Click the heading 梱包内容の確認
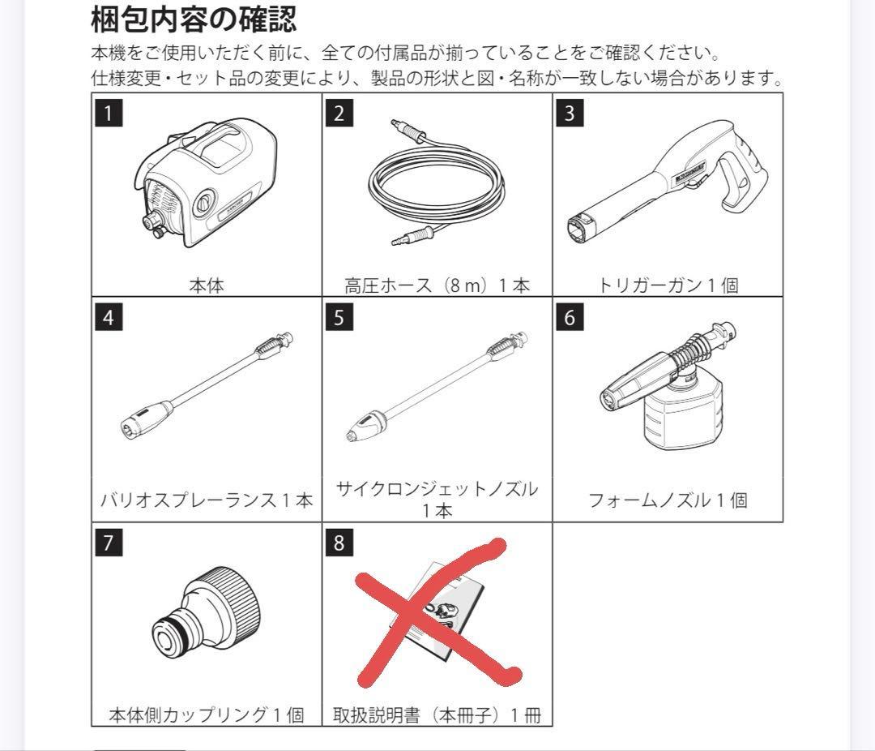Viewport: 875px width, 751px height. pyautogui.click(x=194, y=18)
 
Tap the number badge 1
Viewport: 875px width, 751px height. pyautogui.click(x=109, y=112)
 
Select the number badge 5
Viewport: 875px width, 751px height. pyautogui.click(x=339, y=317)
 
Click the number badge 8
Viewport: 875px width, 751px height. pyautogui.click(x=339, y=543)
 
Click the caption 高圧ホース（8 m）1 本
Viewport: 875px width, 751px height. pyautogui.click(x=437, y=285)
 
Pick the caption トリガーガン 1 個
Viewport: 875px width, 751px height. pyautogui.click(x=668, y=285)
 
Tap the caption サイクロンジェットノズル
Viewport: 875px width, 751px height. pyautogui.click(x=437, y=489)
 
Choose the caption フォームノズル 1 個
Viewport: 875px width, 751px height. pyautogui.click(x=668, y=500)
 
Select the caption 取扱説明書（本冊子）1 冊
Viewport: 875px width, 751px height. pyautogui.click(x=437, y=715)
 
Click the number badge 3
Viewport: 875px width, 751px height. pyautogui.click(x=570, y=112)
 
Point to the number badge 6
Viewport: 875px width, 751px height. pyautogui.click(x=570, y=317)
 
